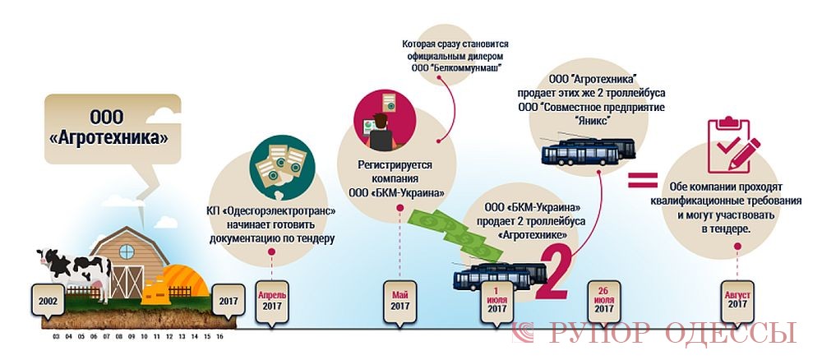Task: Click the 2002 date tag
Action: coord(47,301)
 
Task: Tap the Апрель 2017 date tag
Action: coord(272,301)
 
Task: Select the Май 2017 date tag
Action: coord(399,301)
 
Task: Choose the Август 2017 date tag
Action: coord(736,301)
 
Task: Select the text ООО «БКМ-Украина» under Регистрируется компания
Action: coord(400,193)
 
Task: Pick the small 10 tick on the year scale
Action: coord(144,336)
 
